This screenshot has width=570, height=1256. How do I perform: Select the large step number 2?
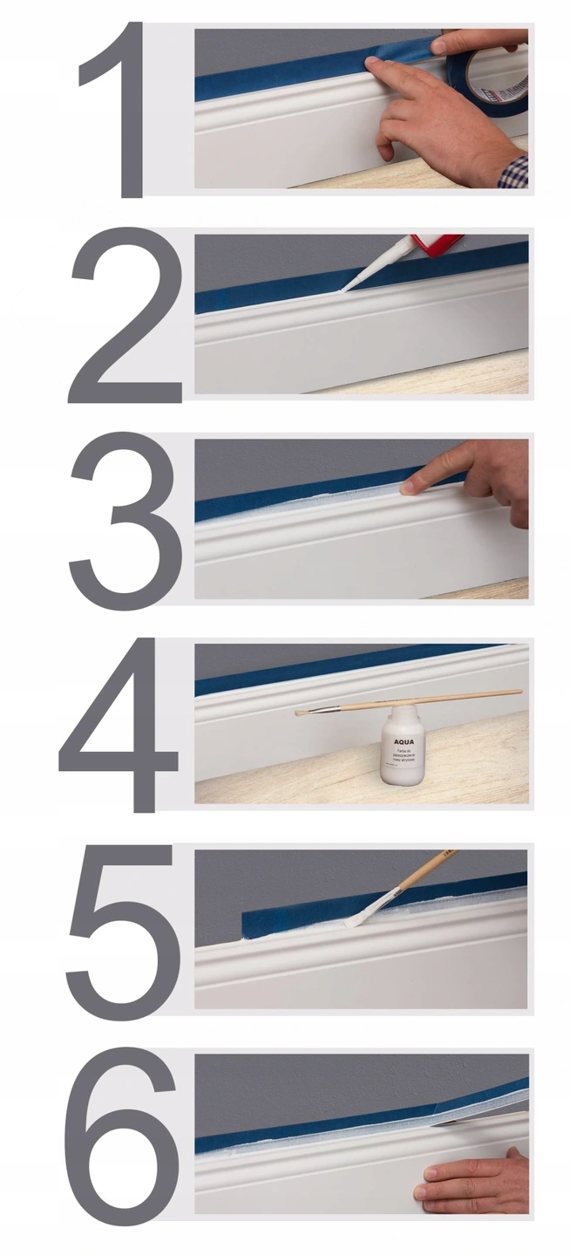(122, 318)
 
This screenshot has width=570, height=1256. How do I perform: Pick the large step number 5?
(122, 929)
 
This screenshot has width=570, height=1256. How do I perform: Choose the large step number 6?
(122, 1134)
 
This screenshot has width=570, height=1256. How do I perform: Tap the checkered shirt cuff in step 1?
(515, 171)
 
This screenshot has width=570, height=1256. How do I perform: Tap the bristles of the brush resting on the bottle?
(304, 713)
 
